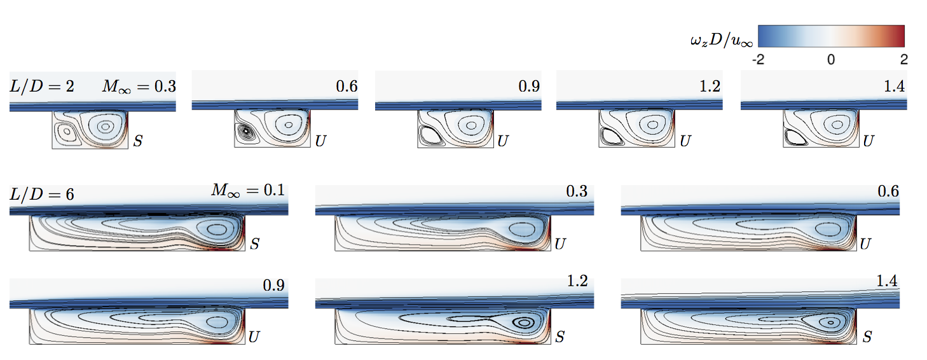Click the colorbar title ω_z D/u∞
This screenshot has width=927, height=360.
click(722, 40)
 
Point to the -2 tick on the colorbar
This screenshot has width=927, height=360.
click(758, 60)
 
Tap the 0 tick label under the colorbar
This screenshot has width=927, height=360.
click(831, 60)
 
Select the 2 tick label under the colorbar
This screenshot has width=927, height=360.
click(904, 60)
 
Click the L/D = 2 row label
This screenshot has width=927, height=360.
click(42, 86)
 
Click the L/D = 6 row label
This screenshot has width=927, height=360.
click(42, 194)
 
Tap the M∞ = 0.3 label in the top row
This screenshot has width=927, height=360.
click(139, 87)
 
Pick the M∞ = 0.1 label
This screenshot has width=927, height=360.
click(248, 190)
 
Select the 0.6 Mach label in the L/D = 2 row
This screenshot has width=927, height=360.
click(347, 87)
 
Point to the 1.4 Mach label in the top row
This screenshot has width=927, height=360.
click(895, 87)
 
